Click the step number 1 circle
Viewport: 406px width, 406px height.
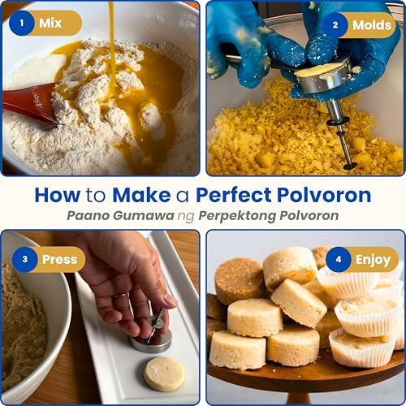[x=21, y=23]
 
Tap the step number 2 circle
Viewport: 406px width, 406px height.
[x=335, y=25]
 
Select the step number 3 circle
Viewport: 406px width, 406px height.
[x=25, y=259]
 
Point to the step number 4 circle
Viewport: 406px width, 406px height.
[x=339, y=259]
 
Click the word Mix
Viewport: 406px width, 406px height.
[x=50, y=23]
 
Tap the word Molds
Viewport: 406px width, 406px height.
[x=372, y=25]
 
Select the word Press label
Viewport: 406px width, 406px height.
[x=59, y=260]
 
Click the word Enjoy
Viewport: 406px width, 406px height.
[x=373, y=260]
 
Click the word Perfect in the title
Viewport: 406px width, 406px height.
[x=234, y=195]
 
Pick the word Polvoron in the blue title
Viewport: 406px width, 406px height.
[x=324, y=195]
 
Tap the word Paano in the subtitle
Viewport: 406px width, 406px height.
[x=89, y=216]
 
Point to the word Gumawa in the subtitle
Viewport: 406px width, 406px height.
[x=144, y=216]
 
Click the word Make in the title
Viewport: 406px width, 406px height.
[x=141, y=195]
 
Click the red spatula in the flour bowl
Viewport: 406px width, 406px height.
[x=31, y=104]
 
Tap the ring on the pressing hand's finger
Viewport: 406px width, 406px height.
[x=121, y=296]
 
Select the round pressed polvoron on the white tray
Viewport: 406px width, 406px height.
[x=164, y=374]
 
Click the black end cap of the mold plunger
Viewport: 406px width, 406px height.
[x=350, y=166]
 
